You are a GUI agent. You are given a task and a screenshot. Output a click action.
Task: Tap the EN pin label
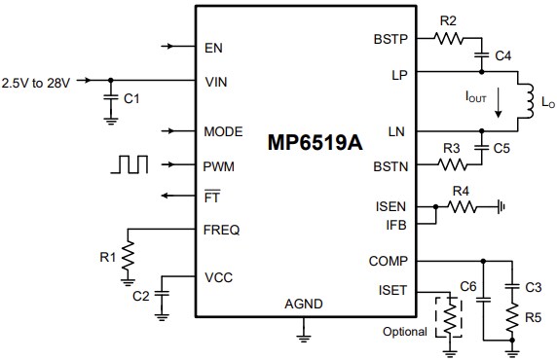pyautogui.click(x=214, y=47)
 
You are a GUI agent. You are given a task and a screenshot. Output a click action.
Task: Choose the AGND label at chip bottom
pyautogui.click(x=302, y=305)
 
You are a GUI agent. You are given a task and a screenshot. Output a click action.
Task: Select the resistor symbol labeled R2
pyautogui.click(x=450, y=39)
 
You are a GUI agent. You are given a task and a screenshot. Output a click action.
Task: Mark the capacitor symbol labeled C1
pyautogui.click(x=108, y=98)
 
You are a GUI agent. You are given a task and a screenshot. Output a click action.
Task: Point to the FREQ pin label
pyautogui.click(x=222, y=231)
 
